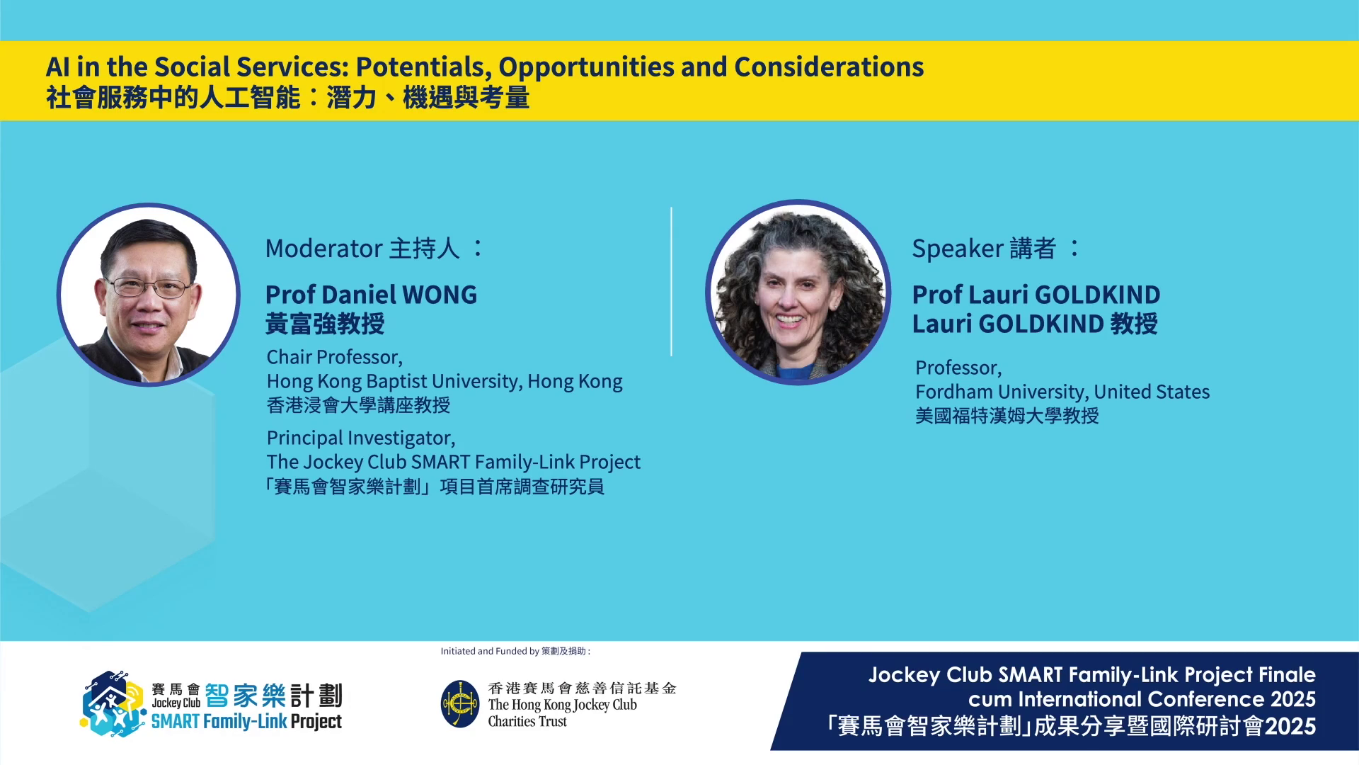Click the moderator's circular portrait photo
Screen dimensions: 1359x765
pyautogui.click(x=149, y=295)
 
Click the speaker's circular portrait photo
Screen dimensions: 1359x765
pyautogui.click(x=798, y=293)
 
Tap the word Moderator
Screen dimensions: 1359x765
pyautogui.click(x=324, y=249)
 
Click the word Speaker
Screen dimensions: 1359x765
pyautogui.click(x=958, y=249)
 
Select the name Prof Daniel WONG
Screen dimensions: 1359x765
pyautogui.click(x=372, y=294)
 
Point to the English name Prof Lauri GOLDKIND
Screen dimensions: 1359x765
pyautogui.click(x=1036, y=294)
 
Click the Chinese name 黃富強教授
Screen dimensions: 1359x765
pyautogui.click(x=325, y=324)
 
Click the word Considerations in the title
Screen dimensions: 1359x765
pyautogui.click(x=829, y=67)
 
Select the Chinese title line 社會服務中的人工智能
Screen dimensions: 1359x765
pyautogui.click(x=173, y=98)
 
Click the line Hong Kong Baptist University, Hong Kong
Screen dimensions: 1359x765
pyautogui.click(x=445, y=381)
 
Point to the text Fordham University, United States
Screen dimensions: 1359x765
pyautogui.click(x=1062, y=392)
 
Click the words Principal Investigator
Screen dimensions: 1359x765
pyautogui.click(x=361, y=438)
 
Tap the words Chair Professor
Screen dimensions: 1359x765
pyautogui.click(x=335, y=357)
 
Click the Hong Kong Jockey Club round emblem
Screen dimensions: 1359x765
pyautogui.click(x=460, y=704)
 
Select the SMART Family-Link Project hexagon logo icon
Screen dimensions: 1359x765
pyautogui.click(x=113, y=704)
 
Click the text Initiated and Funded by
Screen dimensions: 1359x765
pyautogui.click(x=490, y=651)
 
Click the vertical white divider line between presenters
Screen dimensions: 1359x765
pyautogui.click(x=671, y=281)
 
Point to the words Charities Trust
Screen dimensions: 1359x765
pyautogui.click(x=527, y=722)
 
